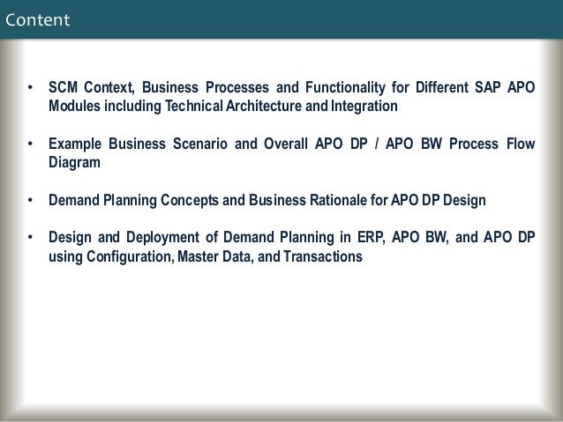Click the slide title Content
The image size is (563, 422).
(x=36, y=19)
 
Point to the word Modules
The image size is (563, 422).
(x=73, y=107)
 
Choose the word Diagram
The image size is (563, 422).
(x=75, y=163)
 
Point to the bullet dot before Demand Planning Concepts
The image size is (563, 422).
(x=31, y=200)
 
